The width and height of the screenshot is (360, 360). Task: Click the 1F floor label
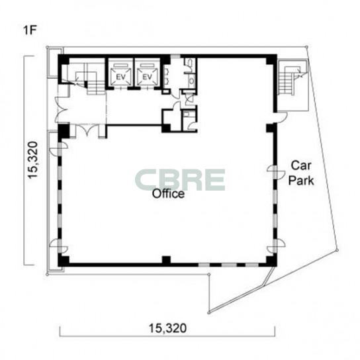[30, 30]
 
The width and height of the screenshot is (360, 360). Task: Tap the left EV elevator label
[120, 77]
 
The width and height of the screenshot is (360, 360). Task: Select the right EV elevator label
[148, 77]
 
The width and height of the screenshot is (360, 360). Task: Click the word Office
[168, 193]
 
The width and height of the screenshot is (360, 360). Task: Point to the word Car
[301, 165]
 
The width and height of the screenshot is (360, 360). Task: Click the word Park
[301, 181]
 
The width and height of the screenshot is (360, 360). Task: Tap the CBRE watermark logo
[180, 180]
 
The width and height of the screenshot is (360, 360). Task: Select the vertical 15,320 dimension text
[32, 160]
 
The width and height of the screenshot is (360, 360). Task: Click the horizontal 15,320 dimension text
[167, 328]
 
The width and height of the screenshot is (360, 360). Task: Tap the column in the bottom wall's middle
[166, 260]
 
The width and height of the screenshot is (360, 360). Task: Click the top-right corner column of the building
[271, 60]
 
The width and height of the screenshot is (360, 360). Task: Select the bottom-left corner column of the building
[64, 261]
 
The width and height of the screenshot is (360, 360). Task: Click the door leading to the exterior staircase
[282, 116]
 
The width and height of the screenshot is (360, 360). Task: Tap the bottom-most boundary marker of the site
[208, 313]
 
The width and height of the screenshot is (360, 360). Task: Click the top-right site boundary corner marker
[307, 47]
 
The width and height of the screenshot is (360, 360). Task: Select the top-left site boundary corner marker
[47, 47]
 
